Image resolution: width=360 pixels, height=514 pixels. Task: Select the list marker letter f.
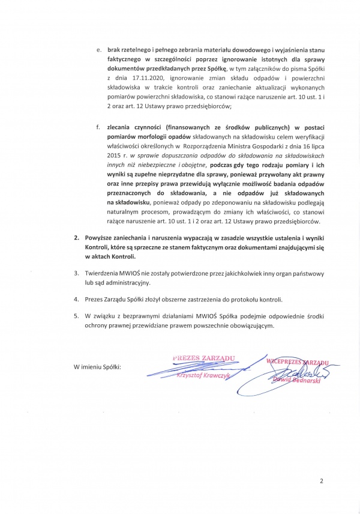[98, 127]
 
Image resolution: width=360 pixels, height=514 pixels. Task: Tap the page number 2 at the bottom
[321, 480]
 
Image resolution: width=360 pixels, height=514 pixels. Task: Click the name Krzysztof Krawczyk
[199, 375]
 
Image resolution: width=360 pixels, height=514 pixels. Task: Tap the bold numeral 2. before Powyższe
[76, 238]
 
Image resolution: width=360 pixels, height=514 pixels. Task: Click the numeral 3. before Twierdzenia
[76, 273]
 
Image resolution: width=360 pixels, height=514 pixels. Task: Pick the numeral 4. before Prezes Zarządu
[76, 299]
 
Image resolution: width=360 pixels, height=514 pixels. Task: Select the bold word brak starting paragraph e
[114, 50]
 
